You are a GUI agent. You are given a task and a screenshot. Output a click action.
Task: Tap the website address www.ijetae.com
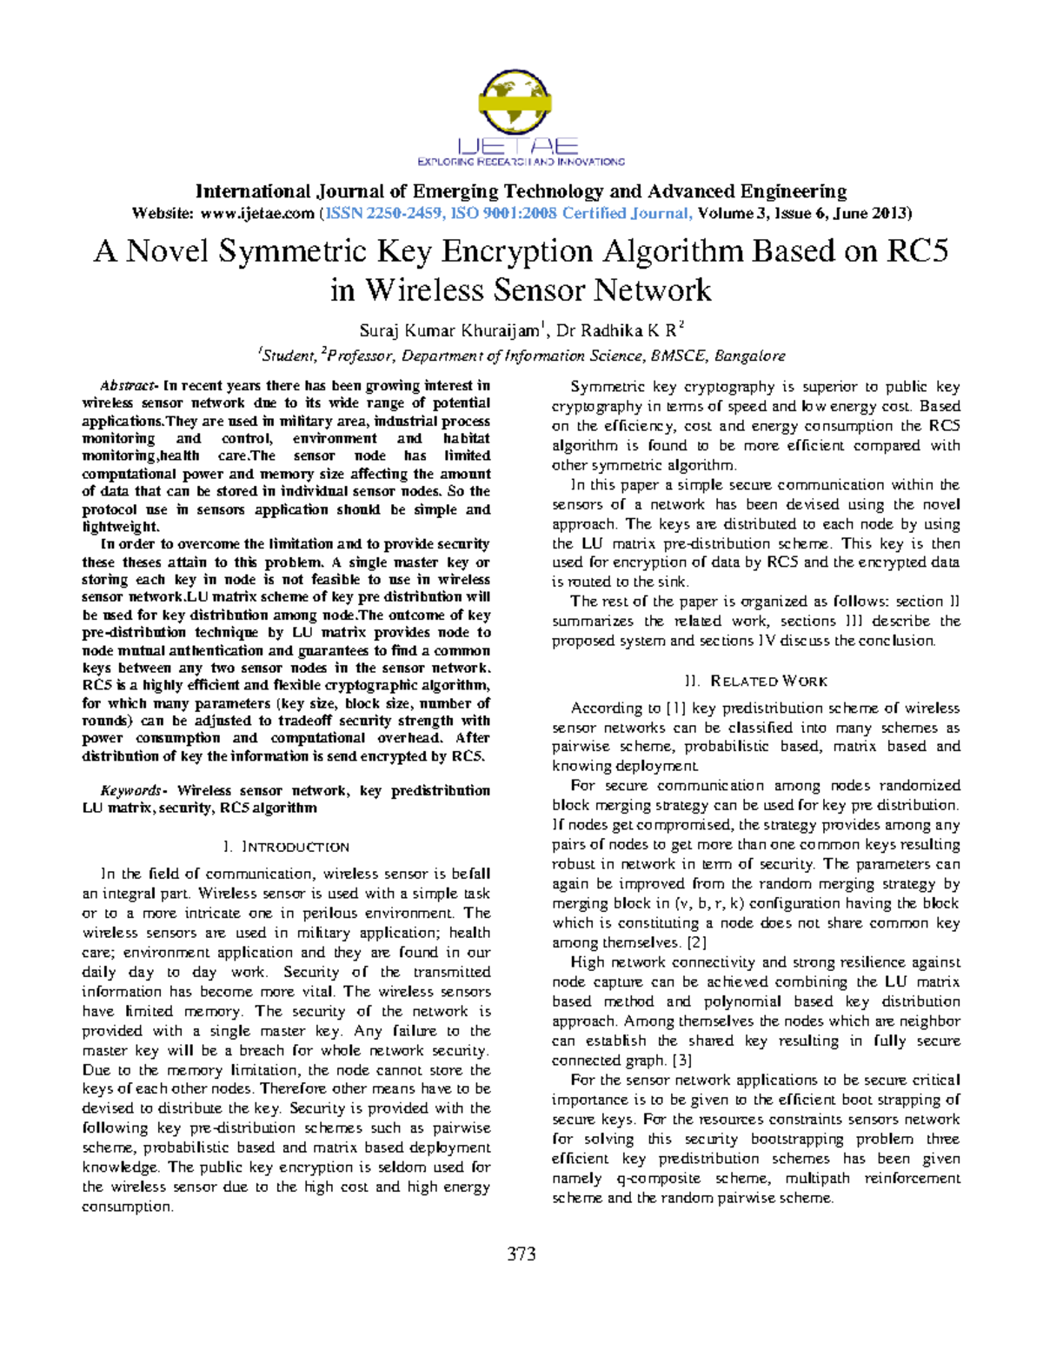[x=256, y=214]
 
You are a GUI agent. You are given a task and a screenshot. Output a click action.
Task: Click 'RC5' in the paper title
[x=916, y=251]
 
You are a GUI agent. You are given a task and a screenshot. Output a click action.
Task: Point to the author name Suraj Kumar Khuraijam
[x=449, y=331]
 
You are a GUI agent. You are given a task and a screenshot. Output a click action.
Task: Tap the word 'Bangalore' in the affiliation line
[x=750, y=356]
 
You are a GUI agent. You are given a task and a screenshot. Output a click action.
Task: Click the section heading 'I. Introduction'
[x=286, y=848]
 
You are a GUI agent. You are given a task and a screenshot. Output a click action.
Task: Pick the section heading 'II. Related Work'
[x=755, y=682]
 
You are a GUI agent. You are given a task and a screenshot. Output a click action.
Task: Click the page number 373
[x=521, y=1254]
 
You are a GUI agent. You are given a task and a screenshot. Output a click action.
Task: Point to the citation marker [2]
[x=697, y=943]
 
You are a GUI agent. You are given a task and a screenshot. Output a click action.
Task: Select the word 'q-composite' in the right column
[x=658, y=1179]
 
